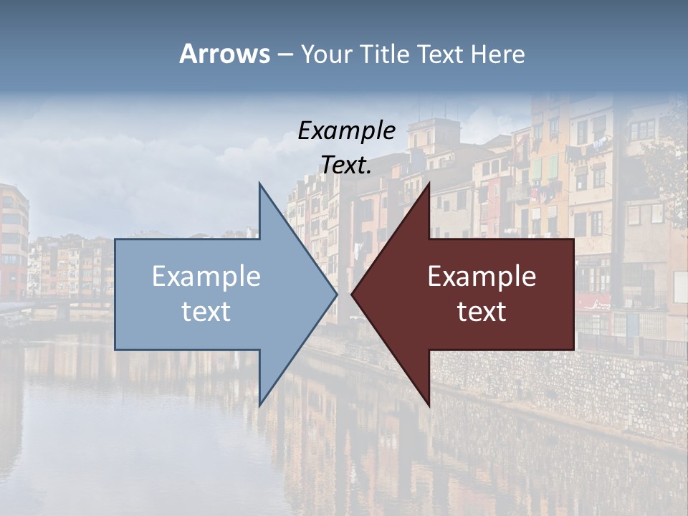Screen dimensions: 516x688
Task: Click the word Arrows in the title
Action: (x=224, y=54)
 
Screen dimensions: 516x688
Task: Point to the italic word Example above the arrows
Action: (x=346, y=131)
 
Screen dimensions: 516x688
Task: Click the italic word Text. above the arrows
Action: (x=346, y=166)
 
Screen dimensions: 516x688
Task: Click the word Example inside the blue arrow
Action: (x=206, y=277)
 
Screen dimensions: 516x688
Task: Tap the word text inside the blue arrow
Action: (x=206, y=312)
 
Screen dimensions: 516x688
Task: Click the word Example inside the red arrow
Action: (x=482, y=277)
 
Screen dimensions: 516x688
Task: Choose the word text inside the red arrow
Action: (x=482, y=312)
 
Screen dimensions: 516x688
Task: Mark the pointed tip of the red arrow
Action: (x=353, y=294)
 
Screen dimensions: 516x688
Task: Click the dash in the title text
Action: (x=285, y=54)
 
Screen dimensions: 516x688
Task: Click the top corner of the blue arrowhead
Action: (x=260, y=184)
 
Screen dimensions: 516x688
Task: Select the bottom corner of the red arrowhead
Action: (x=429, y=405)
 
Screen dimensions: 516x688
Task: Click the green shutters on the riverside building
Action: (x=545, y=168)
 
